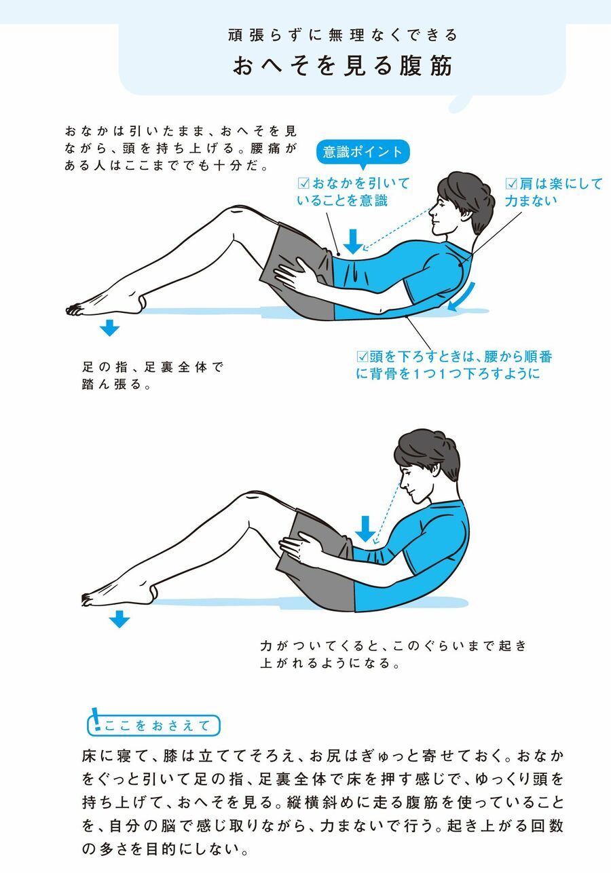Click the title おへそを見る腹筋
(x=342, y=65)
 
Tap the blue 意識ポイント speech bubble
(x=362, y=153)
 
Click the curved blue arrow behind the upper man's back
(x=463, y=297)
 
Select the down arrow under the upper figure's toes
(x=109, y=328)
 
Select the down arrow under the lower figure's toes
(x=119, y=619)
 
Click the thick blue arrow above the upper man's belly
(x=353, y=242)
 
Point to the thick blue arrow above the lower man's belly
(x=365, y=529)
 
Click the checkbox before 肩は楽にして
(x=511, y=183)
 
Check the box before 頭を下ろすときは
(x=363, y=356)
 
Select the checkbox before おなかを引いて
(x=303, y=183)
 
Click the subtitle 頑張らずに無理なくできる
(x=342, y=35)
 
